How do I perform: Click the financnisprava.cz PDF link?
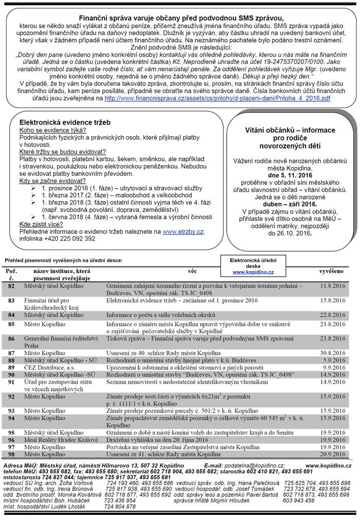pyautogui.click(x=217, y=98)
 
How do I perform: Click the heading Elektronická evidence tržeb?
pyautogui.click(x=65, y=123)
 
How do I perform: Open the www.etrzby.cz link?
pyautogui.click(x=183, y=231)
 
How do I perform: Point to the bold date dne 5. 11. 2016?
pyautogui.click(x=290, y=175)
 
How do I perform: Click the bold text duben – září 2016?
pyautogui.click(x=290, y=204)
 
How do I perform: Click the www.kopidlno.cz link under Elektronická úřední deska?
pyautogui.click(x=253, y=272)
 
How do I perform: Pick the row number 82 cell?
pyautogui.click(x=11, y=285)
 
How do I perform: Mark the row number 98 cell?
pyautogui.click(x=11, y=454)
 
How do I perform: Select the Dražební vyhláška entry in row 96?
pyautogui.click(x=157, y=440)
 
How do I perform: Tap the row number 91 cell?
pyautogui.click(x=11, y=382)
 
